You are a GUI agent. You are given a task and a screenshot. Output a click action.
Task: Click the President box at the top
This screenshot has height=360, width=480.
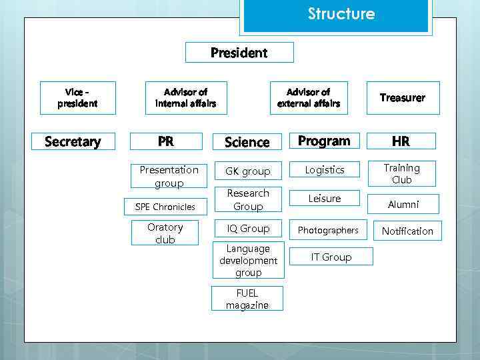tap(239, 53)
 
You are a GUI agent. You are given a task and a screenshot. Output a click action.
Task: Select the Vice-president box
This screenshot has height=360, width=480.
tap(77, 97)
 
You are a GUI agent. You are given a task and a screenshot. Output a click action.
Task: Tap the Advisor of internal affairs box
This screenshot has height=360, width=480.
tap(185, 97)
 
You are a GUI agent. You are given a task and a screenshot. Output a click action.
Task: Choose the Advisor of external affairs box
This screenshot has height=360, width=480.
tap(309, 97)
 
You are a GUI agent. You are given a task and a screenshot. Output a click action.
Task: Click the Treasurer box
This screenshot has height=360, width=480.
tap(402, 97)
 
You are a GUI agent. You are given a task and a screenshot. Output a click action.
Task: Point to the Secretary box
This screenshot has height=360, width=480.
tap(73, 141)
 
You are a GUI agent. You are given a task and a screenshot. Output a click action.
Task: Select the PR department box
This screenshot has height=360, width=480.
tap(165, 141)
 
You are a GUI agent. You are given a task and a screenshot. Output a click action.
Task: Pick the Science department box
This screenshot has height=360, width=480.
tap(247, 142)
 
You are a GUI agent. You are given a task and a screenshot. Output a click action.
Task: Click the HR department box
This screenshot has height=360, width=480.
tap(401, 141)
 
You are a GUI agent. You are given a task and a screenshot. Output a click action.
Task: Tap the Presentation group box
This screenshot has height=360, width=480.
tap(169, 176)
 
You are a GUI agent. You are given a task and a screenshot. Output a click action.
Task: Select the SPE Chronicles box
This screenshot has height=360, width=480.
tap(165, 207)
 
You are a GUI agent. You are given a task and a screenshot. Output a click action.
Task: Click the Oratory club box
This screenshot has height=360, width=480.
tap(165, 233)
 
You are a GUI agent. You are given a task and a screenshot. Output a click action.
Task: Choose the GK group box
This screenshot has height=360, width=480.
tap(248, 171)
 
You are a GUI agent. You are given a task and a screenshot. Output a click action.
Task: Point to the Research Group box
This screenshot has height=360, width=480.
tap(248, 200)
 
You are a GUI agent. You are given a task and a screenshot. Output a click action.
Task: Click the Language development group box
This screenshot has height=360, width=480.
tap(248, 261)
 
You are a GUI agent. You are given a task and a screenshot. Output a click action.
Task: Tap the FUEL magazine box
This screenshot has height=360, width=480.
tap(247, 299)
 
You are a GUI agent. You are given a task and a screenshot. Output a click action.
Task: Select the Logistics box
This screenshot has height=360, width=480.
tap(325, 170)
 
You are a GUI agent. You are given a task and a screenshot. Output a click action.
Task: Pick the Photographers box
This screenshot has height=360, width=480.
tap(328, 230)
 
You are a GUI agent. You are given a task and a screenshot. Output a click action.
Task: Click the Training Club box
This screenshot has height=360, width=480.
tap(401, 174)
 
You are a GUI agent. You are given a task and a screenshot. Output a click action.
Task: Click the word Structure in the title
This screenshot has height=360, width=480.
tap(341, 14)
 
